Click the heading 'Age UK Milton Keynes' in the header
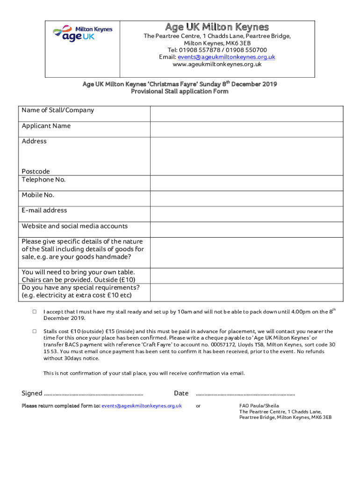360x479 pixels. coord(217,27)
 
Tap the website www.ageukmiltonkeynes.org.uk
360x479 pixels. coord(217,64)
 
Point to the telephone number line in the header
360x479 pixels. coord(217,50)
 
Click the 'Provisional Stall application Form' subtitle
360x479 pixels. coord(180,92)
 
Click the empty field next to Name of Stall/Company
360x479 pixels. coord(253,114)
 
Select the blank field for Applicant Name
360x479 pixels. coord(253,129)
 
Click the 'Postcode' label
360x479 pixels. coord(36,172)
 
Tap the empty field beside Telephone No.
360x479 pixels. coord(253,183)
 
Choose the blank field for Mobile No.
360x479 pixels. coord(253,198)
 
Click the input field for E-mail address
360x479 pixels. coord(253,214)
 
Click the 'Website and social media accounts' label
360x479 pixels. coord(74,226)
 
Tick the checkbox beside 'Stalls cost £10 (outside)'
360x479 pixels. coord(35,331)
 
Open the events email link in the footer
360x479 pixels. coord(142,406)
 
